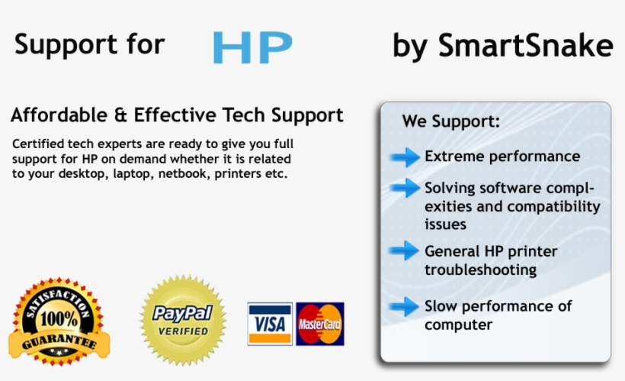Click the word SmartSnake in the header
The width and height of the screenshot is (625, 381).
[x=525, y=46]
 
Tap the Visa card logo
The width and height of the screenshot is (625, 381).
[x=270, y=324]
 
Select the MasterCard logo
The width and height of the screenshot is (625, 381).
[x=320, y=324]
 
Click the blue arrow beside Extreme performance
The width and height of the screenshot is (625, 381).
[x=405, y=157]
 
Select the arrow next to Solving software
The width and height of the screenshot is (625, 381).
[x=405, y=188]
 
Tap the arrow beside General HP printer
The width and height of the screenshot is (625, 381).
[x=405, y=251]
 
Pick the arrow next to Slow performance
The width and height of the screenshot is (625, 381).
[x=405, y=307]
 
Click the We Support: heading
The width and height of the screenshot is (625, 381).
[x=451, y=121]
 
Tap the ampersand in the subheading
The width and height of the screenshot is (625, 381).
[x=120, y=116]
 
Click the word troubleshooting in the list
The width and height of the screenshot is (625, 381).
[x=480, y=270]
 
